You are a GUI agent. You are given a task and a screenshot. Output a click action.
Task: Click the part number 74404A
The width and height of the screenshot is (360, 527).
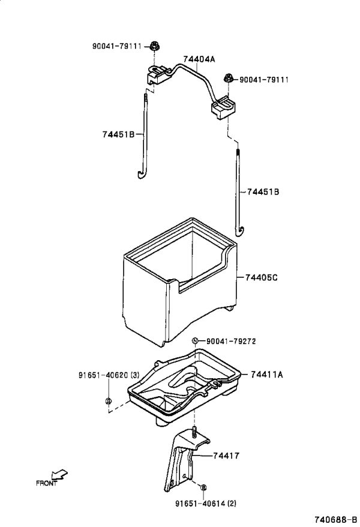pyautogui.click(x=199, y=59)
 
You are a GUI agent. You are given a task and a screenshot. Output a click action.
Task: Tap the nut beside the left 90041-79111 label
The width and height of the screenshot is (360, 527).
pyautogui.click(x=154, y=46)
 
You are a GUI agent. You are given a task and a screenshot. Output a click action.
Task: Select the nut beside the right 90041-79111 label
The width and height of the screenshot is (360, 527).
pyautogui.click(x=228, y=79)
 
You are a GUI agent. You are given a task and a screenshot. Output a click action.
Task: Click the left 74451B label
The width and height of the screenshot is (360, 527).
pyautogui.click(x=118, y=134)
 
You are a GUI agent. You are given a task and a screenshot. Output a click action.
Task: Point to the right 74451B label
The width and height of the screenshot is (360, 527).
pyautogui.click(x=263, y=191)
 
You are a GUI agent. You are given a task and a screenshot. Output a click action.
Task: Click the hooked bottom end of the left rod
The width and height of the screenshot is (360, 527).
pyautogui.click(x=141, y=173)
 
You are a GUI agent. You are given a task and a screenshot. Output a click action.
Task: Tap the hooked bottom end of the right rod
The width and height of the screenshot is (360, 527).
pyautogui.click(x=239, y=230)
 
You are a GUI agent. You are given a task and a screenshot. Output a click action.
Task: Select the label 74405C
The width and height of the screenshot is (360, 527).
pyautogui.click(x=261, y=278)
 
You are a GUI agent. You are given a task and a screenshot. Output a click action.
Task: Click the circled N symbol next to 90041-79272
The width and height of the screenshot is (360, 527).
pyautogui.click(x=195, y=341)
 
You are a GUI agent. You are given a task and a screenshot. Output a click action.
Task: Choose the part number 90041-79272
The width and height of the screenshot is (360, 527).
pyautogui.click(x=231, y=341)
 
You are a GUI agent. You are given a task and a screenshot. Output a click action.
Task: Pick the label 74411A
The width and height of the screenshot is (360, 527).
pyautogui.click(x=266, y=374)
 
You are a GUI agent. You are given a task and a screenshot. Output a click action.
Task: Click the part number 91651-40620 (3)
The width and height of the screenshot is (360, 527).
pyautogui.click(x=109, y=375)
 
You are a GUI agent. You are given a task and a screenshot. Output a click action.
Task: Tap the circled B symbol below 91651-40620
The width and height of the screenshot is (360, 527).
pyautogui.click(x=109, y=400)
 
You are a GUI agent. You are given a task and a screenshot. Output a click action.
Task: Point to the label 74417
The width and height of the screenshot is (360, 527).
pyautogui.click(x=226, y=456)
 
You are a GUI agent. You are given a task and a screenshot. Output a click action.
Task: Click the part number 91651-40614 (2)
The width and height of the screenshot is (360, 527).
pyautogui.click(x=206, y=503)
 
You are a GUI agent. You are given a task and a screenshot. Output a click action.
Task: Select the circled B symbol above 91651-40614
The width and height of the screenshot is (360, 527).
pyautogui.click(x=203, y=487)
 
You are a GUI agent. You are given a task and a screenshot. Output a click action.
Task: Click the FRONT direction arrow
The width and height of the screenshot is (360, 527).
pyautogui.click(x=59, y=475)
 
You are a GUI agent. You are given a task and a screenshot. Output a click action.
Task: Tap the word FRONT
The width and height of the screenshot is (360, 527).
pyautogui.click(x=46, y=483)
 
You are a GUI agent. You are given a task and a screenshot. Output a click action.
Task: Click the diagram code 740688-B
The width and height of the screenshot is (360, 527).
pyautogui.click(x=336, y=519)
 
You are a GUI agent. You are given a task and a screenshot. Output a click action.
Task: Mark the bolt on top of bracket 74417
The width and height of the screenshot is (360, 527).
pyautogui.click(x=194, y=432)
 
